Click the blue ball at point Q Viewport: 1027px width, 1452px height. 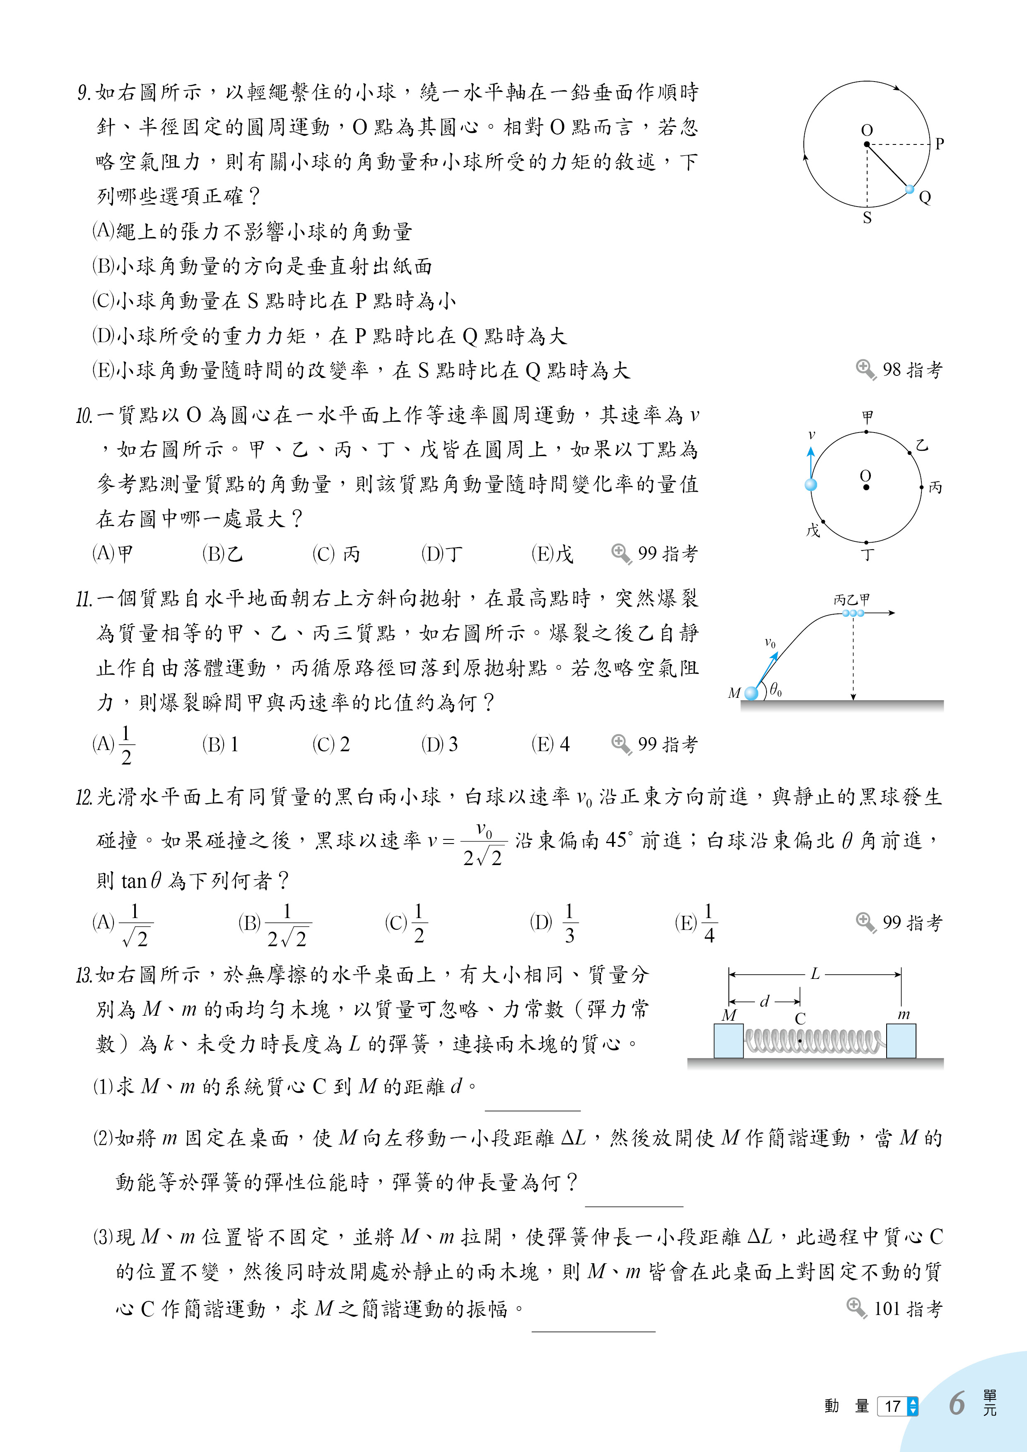[x=909, y=189]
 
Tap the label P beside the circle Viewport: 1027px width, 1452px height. [x=939, y=144]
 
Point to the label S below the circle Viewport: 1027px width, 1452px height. [x=867, y=218]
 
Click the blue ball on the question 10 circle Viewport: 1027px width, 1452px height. [x=810, y=484]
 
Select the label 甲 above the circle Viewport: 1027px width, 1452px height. [x=867, y=417]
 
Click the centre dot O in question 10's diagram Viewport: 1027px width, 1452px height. [x=865, y=487]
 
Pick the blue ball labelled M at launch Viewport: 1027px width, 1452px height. [x=751, y=693]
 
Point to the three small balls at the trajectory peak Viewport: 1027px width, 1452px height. [x=853, y=613]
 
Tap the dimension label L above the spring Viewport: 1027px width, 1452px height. [x=815, y=974]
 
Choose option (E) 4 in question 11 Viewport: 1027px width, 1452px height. [x=550, y=744]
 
